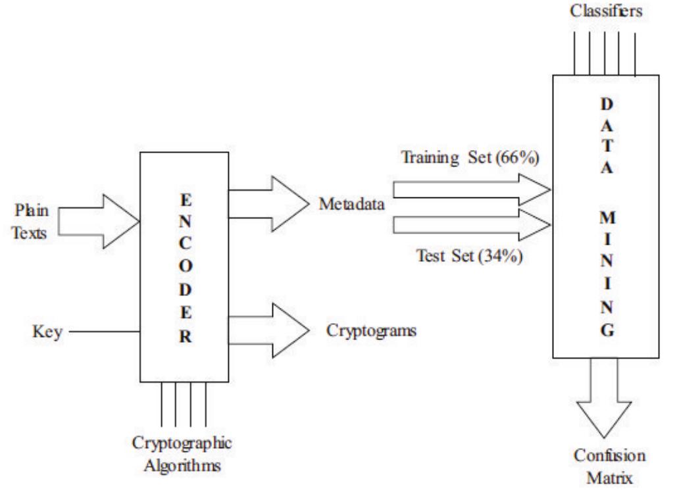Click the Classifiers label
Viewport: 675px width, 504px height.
pos(606,13)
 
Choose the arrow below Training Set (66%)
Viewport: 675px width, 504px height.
pos(471,189)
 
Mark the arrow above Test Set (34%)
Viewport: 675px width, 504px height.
pos(471,225)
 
